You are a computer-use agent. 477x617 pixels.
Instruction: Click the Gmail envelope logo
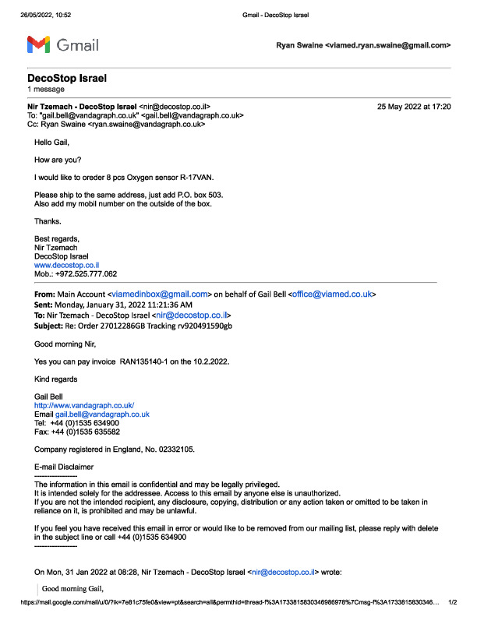click(40, 44)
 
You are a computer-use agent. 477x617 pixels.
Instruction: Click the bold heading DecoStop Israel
click(66, 79)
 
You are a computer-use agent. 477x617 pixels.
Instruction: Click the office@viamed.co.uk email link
click(333, 294)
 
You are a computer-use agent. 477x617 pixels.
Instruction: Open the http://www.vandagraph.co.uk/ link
click(84, 406)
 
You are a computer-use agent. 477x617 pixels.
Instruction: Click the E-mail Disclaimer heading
click(64, 467)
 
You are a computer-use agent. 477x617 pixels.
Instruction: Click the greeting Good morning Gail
click(72, 587)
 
